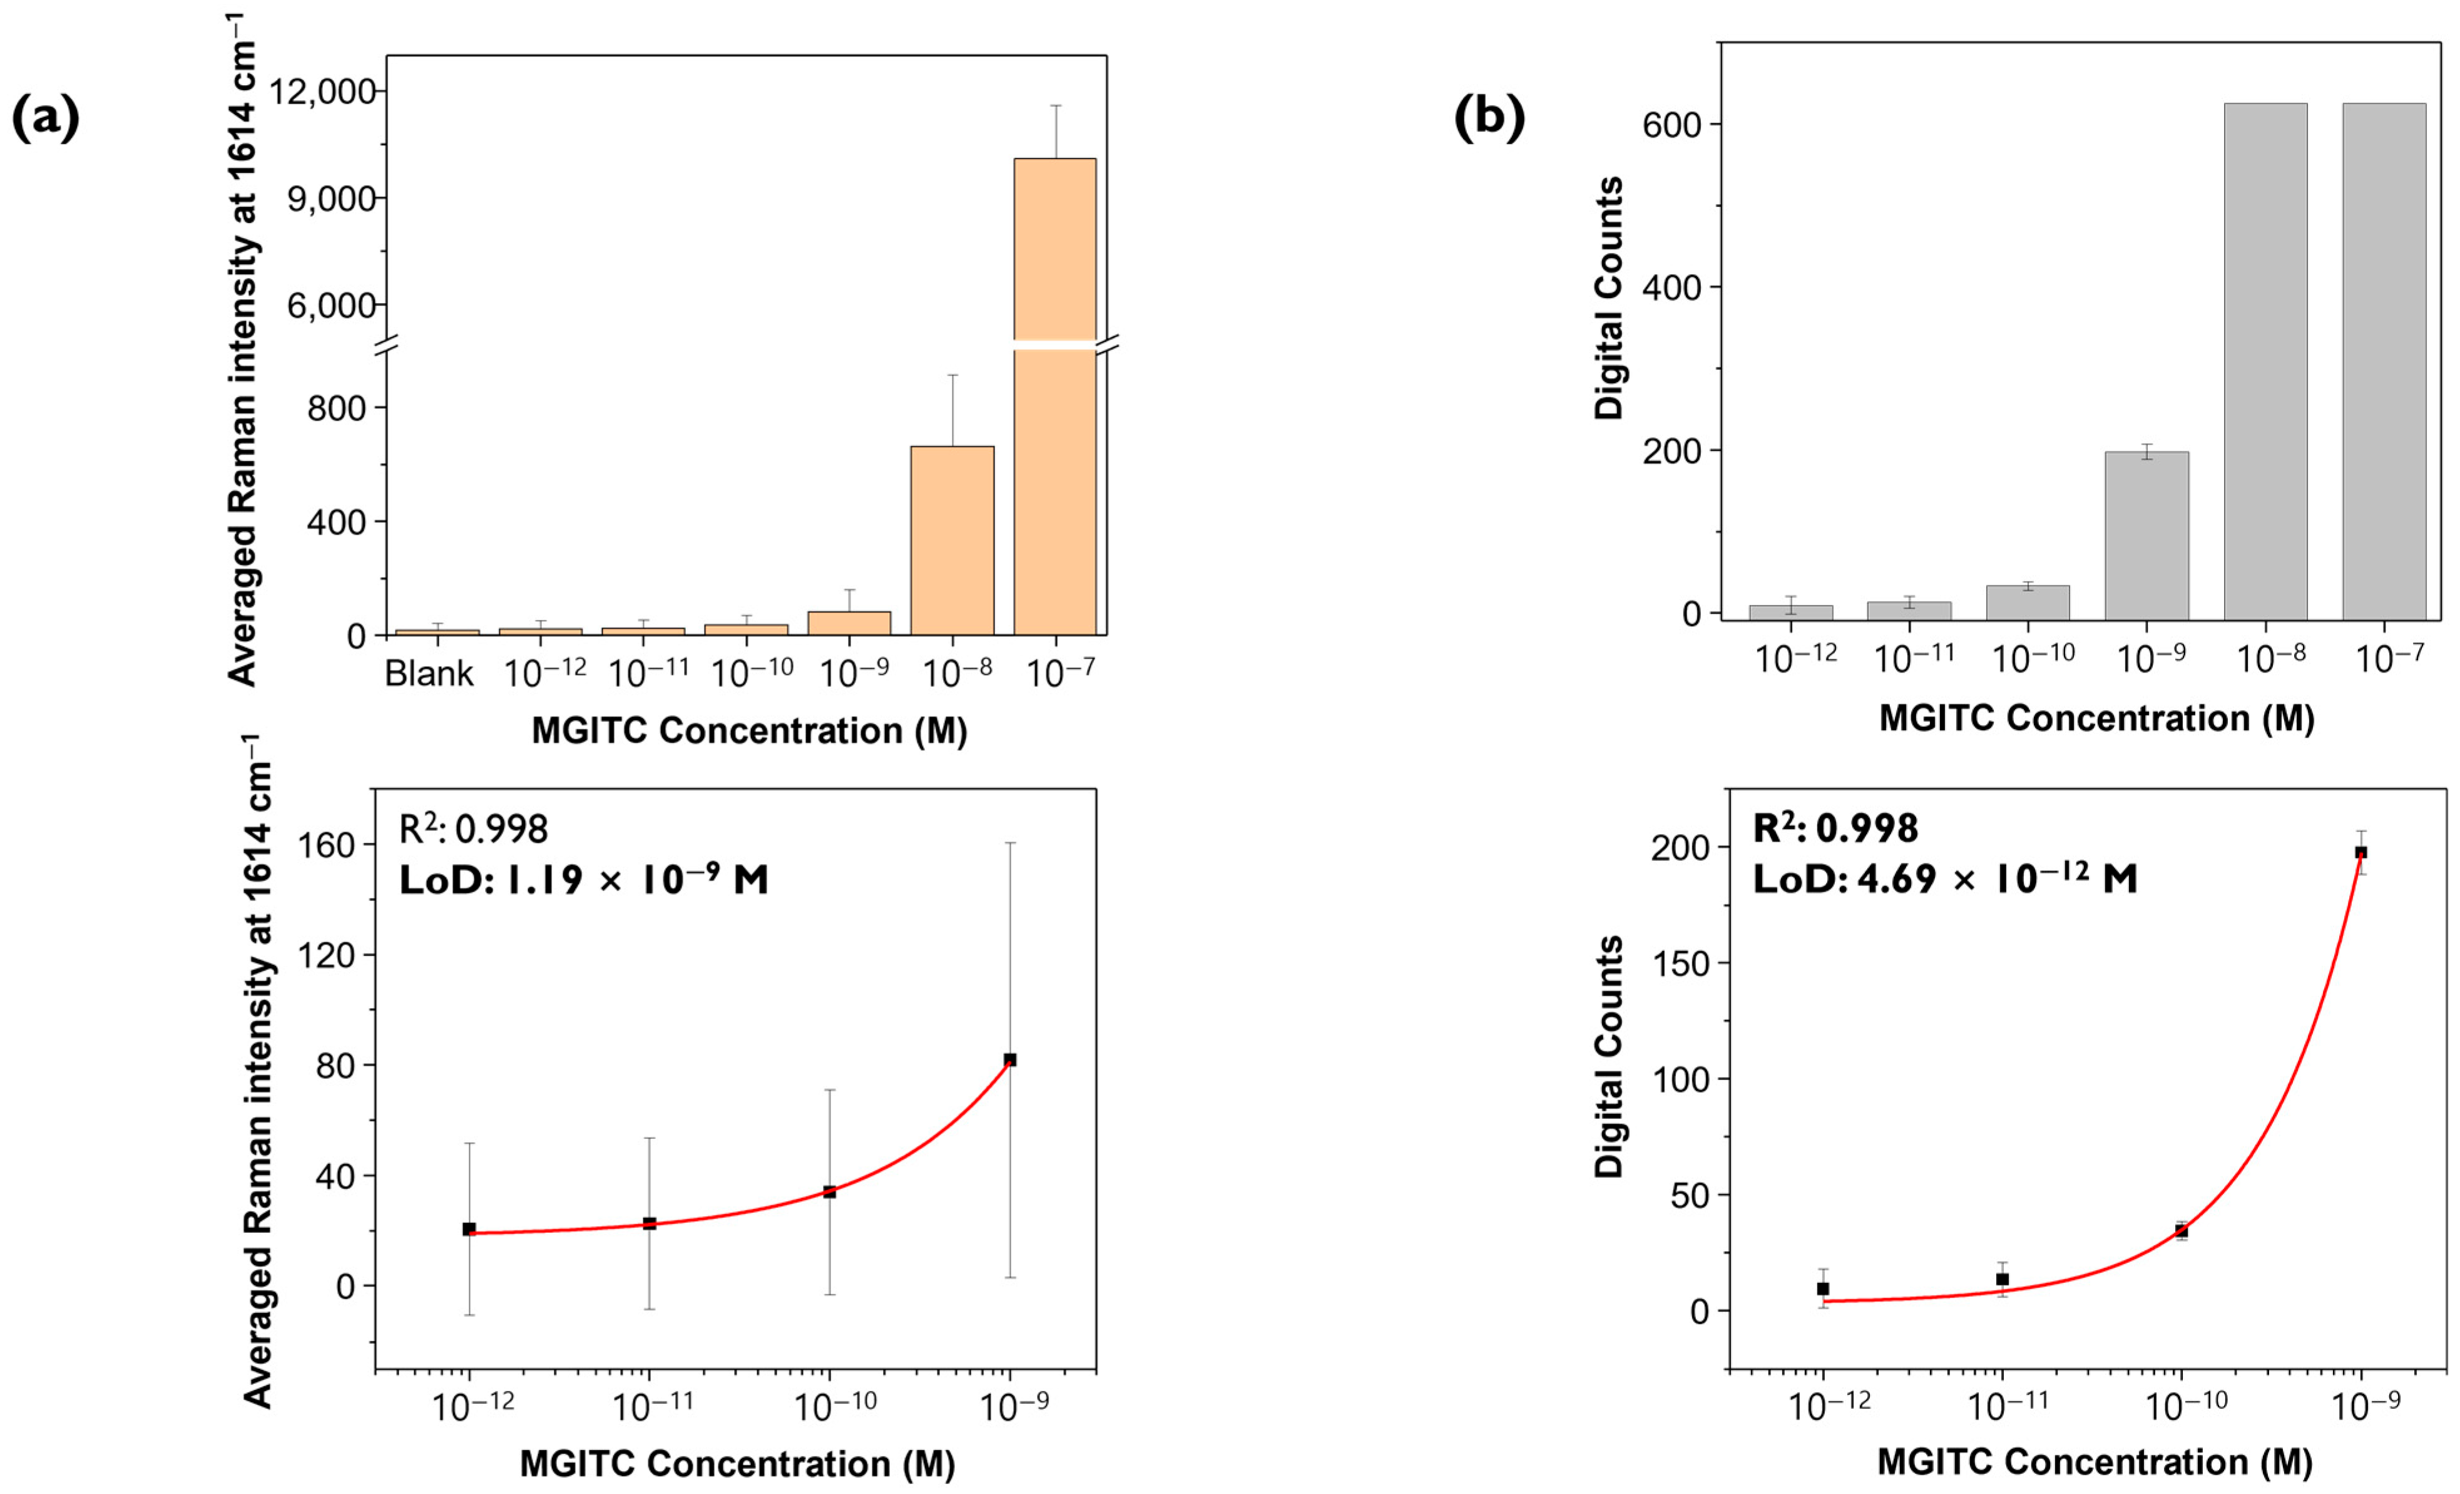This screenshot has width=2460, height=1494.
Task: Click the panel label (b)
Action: [1489, 117]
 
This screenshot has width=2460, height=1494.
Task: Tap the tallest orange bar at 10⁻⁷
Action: [1054, 399]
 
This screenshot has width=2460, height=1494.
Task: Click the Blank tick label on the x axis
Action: [429, 674]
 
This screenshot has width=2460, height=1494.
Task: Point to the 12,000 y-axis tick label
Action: [322, 92]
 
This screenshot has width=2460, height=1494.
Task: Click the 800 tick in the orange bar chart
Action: [337, 408]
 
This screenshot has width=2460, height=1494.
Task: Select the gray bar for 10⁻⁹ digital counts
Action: [2146, 535]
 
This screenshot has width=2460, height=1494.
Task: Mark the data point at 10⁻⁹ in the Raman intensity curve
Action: [1009, 1059]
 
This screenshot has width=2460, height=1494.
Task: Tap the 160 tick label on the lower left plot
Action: [327, 845]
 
